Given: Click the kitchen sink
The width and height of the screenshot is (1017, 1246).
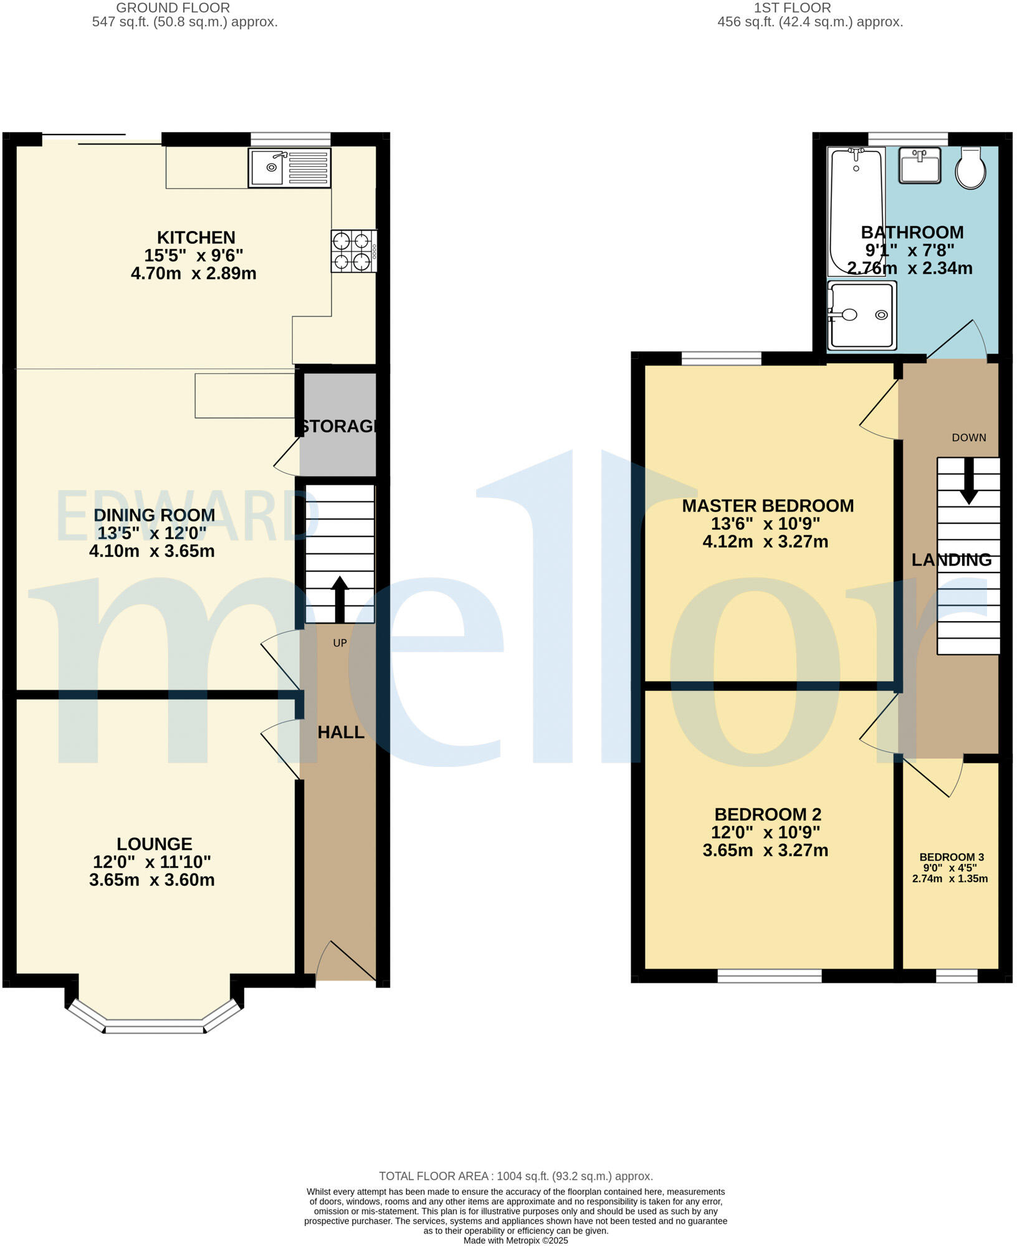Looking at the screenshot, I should coord(289,168).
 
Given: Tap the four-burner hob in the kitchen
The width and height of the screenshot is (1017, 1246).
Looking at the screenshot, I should coord(353,251).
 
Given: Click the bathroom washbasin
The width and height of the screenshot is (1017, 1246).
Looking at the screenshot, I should coord(920,166).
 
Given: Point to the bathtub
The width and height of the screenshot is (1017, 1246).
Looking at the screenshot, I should coord(856,212).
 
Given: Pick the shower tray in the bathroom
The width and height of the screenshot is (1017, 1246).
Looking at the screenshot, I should coord(862,315).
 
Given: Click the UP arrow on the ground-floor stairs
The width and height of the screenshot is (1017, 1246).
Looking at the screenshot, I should coord(340,599).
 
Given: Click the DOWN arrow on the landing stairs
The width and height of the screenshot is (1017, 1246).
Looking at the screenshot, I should coord(968,480).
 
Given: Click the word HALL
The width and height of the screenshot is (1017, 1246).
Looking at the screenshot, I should coord(341,733).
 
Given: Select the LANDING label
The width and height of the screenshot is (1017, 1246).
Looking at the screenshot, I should coord(951,560).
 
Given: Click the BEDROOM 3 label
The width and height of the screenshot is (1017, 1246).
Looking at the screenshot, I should coord(951,857).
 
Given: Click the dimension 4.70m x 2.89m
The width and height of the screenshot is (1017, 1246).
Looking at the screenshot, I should coord(193,273).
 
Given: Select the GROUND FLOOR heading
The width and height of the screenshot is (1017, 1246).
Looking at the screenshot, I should coord(173,8).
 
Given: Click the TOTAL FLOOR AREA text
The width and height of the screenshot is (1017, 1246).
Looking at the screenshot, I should coord(515,1176).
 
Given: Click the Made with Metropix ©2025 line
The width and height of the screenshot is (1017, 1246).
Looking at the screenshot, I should coord(515,1240).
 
